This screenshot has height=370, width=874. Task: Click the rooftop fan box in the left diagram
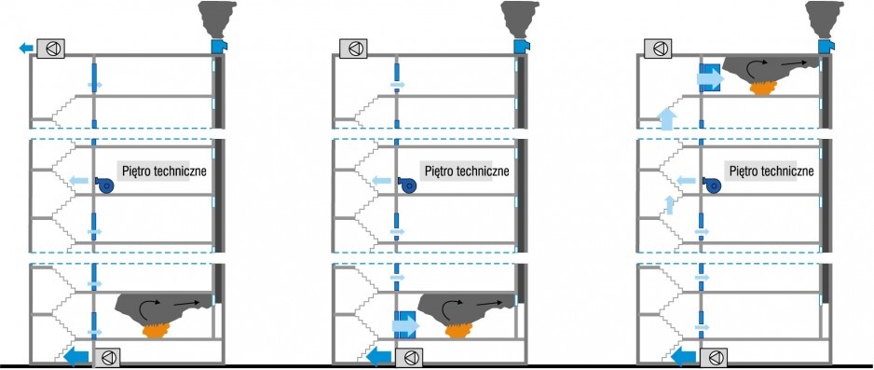click(x=50, y=48)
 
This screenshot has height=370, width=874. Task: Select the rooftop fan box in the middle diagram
click(x=353, y=48)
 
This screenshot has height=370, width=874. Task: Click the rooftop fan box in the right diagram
click(x=658, y=48)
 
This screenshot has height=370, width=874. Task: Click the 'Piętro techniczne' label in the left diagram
click(x=161, y=171)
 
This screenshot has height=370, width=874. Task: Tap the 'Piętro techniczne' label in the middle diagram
click(x=467, y=171)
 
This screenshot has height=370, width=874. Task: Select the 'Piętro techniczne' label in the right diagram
click(x=771, y=171)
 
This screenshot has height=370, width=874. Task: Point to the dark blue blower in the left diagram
click(x=104, y=185)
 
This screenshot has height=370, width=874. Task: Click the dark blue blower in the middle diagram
click(x=407, y=185)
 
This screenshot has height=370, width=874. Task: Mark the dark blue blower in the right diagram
click(x=711, y=185)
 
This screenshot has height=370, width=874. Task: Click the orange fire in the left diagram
click(x=157, y=331)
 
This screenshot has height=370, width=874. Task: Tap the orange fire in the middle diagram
click(x=460, y=331)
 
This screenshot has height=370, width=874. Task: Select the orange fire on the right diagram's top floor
click(x=764, y=88)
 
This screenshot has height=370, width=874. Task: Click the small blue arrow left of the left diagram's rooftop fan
click(x=26, y=48)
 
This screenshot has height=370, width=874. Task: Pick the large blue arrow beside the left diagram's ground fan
click(x=75, y=356)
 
